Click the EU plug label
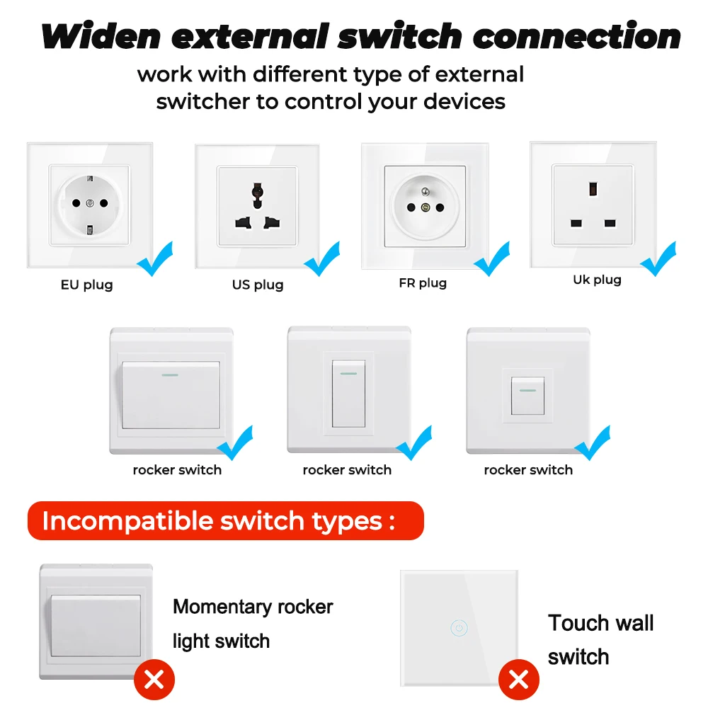(x=86, y=285)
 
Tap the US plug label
(x=258, y=285)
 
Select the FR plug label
(x=423, y=283)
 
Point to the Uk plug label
(x=597, y=280)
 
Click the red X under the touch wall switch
(x=519, y=680)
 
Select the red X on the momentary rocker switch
(x=154, y=680)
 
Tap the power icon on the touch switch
(x=459, y=627)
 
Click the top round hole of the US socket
(x=258, y=190)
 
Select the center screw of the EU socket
(x=89, y=204)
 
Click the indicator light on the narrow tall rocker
(x=348, y=372)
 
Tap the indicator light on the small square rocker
(x=527, y=389)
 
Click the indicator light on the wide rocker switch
(x=170, y=375)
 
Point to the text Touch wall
(x=600, y=623)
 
